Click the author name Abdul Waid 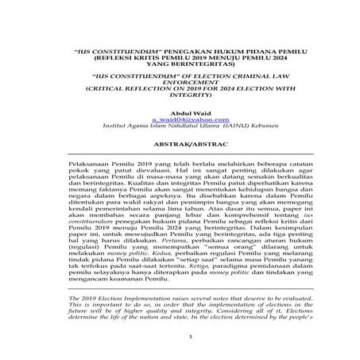(182, 114)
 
